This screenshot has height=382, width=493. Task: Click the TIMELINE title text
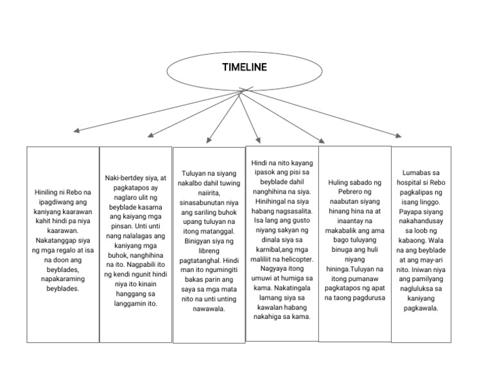click(245, 67)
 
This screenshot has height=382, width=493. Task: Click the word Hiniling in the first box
click(46, 192)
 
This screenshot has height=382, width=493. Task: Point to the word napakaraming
click(63, 279)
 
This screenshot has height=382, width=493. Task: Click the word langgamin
click(130, 304)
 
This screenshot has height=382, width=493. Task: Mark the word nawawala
click(209, 309)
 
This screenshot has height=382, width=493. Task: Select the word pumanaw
click(363, 278)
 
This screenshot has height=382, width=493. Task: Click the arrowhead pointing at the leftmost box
click(76, 130)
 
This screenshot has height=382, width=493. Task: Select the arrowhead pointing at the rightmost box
click(398, 136)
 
